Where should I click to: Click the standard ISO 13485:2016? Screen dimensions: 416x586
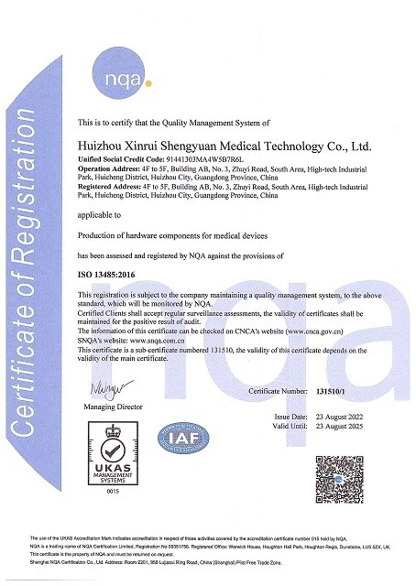coord(107,273)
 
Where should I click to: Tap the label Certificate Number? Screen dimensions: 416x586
coord(280,390)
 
